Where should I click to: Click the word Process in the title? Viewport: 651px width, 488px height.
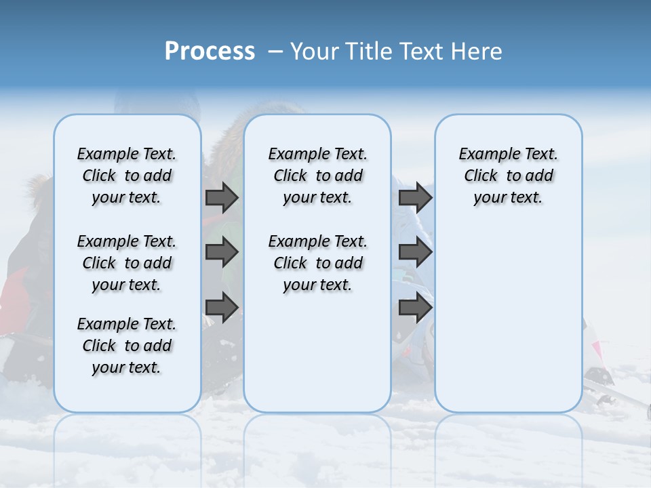click(210, 52)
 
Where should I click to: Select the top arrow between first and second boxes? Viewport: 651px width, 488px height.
click(222, 197)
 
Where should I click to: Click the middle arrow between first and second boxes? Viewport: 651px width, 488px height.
click(222, 252)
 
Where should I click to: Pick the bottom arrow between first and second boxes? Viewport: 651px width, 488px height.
click(222, 307)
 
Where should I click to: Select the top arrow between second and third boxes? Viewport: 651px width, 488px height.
click(415, 197)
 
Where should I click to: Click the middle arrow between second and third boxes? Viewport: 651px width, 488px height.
click(415, 252)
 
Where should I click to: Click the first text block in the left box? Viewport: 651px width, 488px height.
click(127, 176)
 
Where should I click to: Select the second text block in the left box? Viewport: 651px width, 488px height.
click(127, 263)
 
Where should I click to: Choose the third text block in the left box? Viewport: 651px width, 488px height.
click(127, 346)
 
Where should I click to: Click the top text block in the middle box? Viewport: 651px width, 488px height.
click(317, 176)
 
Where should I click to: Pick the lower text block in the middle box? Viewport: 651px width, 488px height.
click(317, 263)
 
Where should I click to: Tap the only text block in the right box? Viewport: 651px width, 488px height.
click(508, 176)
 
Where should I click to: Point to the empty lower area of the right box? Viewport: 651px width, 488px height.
click(508, 312)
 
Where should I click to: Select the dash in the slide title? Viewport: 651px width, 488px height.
click(275, 52)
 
